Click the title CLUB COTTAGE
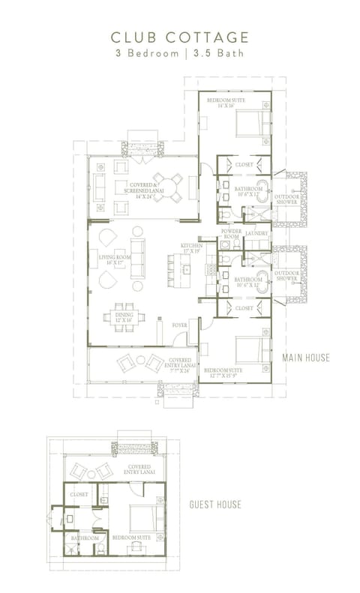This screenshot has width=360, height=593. [179, 37]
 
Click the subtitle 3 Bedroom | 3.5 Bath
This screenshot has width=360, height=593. [179, 54]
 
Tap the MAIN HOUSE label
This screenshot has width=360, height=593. [305, 358]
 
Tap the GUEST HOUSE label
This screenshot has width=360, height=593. [215, 504]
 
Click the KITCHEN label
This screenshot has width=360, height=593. [191, 248]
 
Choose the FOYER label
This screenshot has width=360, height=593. [179, 325]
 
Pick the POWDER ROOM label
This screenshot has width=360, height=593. [230, 234]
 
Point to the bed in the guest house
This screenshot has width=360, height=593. [145, 520]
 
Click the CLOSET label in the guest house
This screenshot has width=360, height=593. [79, 495]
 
